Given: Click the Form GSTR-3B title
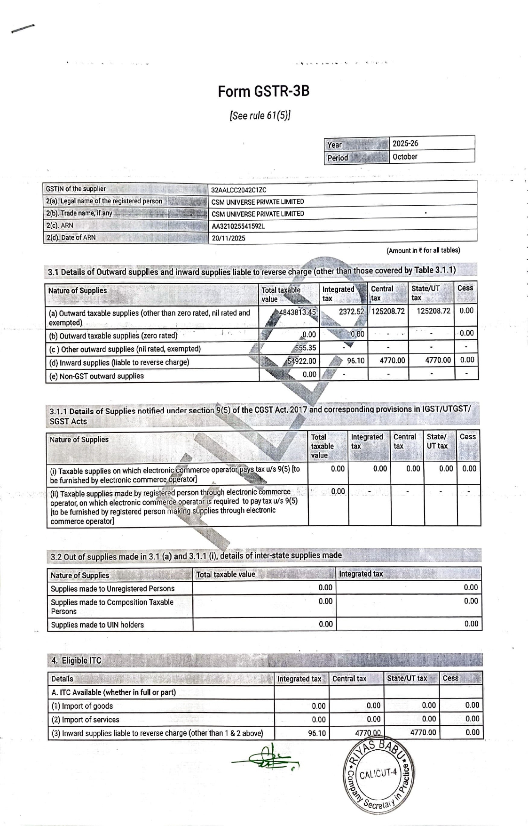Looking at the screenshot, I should [x=263, y=91].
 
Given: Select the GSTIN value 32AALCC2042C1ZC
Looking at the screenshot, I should [x=239, y=190].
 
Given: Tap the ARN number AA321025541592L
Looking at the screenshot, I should [x=238, y=226].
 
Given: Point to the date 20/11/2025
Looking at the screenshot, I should [x=229, y=238].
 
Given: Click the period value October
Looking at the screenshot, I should [x=405, y=157].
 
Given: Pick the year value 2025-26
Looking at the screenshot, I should [x=405, y=143].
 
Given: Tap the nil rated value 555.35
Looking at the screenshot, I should [x=305, y=348].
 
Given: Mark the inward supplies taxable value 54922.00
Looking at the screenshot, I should [x=301, y=361].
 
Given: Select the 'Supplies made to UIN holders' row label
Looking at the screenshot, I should [x=97, y=625].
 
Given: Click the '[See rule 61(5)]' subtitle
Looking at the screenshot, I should [x=260, y=115].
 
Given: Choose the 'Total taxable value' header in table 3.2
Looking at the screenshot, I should [x=225, y=574].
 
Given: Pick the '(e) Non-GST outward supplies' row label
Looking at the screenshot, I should [x=97, y=376].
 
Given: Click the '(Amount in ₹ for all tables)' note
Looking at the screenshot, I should [x=423, y=250].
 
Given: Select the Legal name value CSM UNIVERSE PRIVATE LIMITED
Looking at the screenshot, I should [x=258, y=202].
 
